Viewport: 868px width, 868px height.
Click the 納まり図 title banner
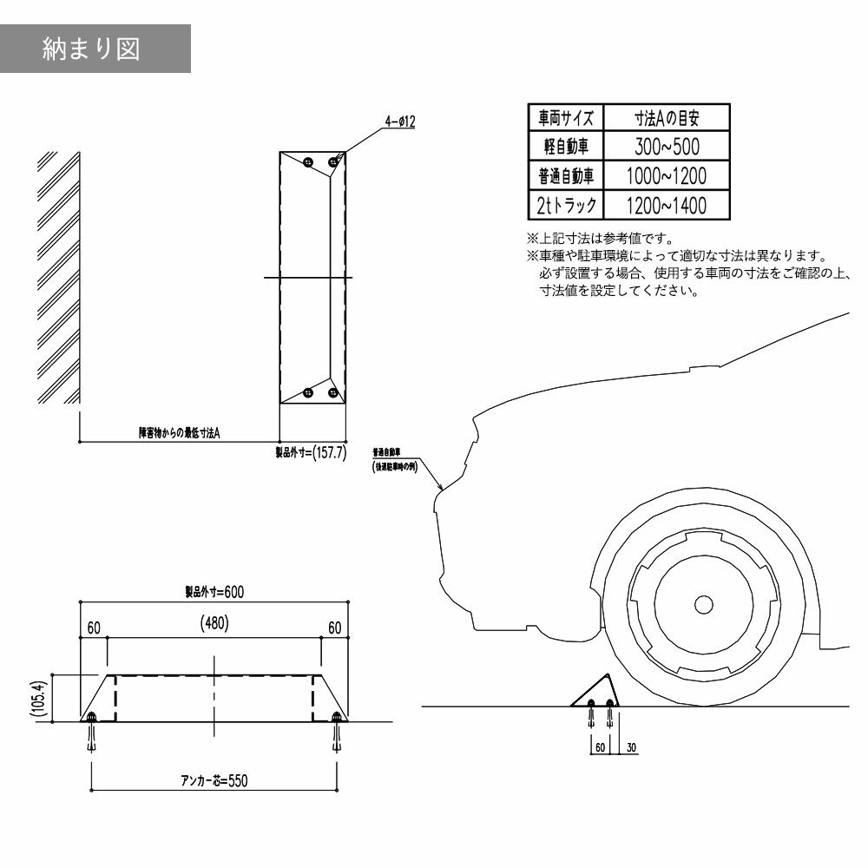95,49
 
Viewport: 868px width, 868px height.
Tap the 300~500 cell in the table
667,145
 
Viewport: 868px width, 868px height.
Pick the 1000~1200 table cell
667,175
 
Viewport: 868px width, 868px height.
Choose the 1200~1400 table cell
667,205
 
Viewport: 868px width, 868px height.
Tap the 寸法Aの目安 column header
667,117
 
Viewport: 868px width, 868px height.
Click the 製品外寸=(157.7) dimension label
312,453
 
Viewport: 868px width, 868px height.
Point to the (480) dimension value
214,623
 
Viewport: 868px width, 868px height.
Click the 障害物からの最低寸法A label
180,431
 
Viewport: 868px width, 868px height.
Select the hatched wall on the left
59,278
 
